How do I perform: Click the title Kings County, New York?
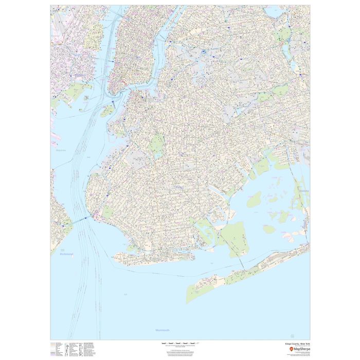coord(296,343)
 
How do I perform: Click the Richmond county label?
coord(66,254)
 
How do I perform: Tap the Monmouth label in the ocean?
coord(163,330)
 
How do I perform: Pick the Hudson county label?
coord(61,150)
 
